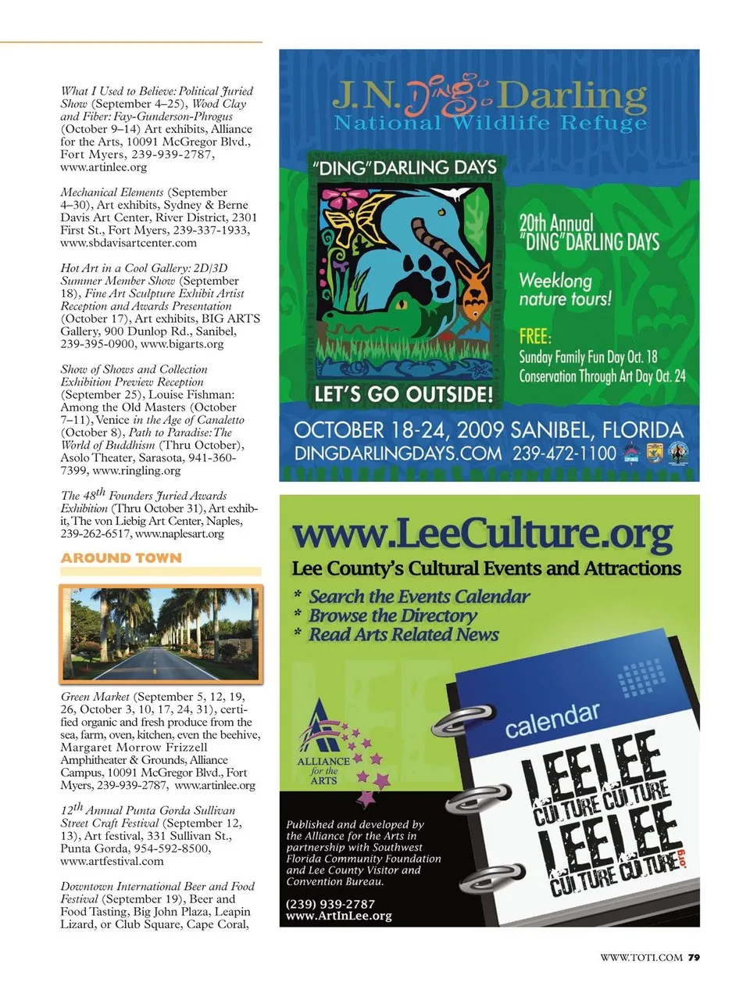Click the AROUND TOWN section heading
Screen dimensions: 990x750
coord(121,558)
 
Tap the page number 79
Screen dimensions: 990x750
coord(695,957)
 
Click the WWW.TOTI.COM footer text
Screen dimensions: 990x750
coord(641,957)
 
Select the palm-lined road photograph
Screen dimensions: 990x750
coord(161,633)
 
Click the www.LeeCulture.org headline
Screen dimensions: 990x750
coord(481,534)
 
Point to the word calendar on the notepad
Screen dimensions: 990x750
coord(552,719)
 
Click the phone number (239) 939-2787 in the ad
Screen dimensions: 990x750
coord(330,903)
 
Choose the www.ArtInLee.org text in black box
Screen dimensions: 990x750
coord(339,916)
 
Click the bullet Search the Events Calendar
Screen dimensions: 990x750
coord(419,597)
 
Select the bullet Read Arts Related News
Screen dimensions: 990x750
coord(403,634)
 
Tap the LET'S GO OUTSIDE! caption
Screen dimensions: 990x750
coord(403,394)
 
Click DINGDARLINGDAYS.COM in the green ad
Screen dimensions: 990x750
coord(398,454)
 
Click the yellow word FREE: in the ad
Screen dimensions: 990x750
coord(535,336)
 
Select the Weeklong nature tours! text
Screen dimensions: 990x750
coord(565,289)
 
